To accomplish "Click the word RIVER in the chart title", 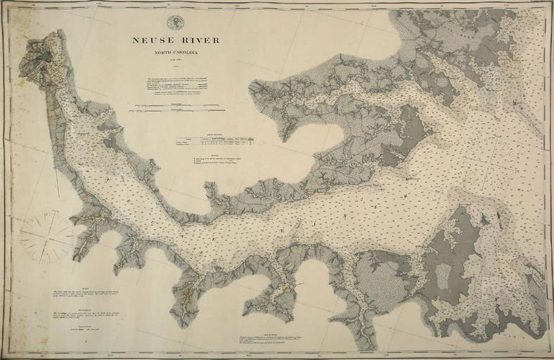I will [x=198, y=41].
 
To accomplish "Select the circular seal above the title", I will [x=176, y=22].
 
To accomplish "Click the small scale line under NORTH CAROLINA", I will [x=176, y=60].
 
